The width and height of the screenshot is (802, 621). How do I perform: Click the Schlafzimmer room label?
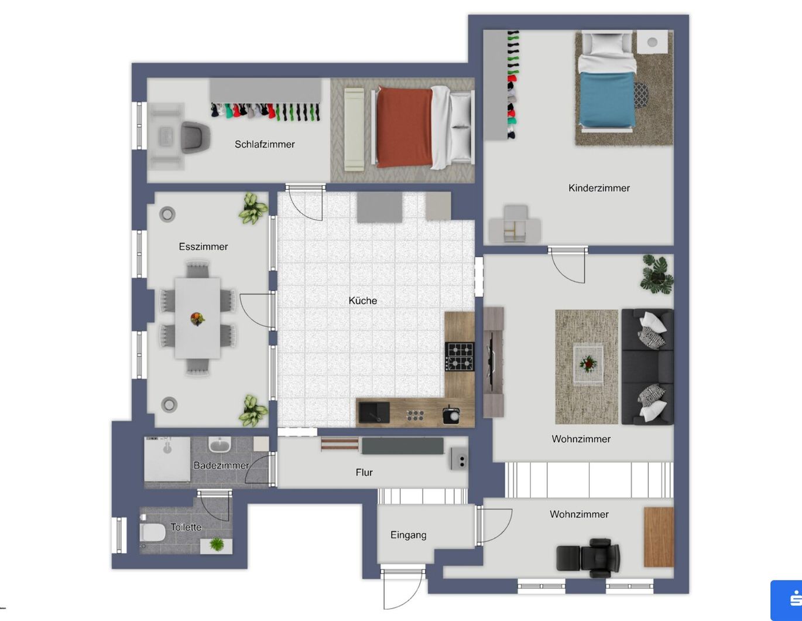pos(265,144)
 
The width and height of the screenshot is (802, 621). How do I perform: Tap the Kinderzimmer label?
pos(599,188)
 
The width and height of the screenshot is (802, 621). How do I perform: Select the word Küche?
pos(363,301)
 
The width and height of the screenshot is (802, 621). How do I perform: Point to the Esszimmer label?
pos(203,247)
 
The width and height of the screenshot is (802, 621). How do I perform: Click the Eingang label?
pos(409,535)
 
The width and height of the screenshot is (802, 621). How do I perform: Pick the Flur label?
pos(364,472)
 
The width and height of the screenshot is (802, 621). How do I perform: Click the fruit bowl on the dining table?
pos(197,319)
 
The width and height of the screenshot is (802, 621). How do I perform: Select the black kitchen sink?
pos(374,412)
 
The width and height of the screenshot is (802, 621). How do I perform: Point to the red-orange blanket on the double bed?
pos(405,127)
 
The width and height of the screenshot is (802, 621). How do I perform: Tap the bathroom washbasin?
pos(220,444)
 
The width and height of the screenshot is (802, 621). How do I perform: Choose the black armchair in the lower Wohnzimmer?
pos(588,558)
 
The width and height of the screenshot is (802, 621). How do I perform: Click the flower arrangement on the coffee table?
pos(588,364)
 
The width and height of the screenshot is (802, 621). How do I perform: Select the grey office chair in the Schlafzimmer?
pos(196,137)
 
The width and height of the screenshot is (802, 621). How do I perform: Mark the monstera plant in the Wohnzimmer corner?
pos(657,274)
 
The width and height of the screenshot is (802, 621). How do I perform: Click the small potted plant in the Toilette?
pos(217,544)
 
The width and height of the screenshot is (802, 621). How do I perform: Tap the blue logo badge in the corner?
pos(786,600)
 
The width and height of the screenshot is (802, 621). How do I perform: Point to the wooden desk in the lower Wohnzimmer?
pos(659,537)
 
